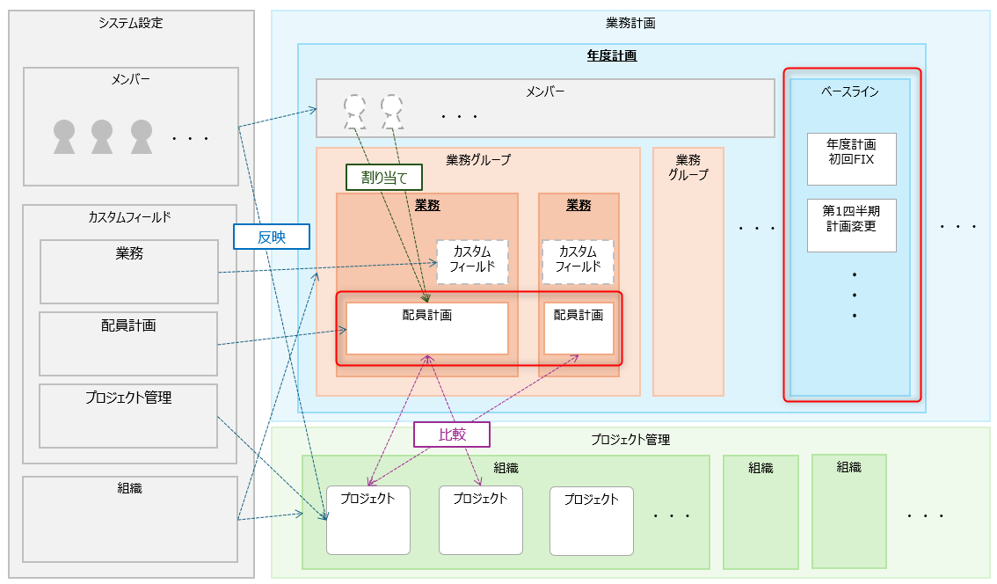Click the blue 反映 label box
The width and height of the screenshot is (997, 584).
click(272, 237)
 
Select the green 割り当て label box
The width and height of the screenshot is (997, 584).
click(384, 177)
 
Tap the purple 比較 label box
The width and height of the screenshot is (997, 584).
click(451, 434)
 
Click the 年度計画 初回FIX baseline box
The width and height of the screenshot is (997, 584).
click(851, 159)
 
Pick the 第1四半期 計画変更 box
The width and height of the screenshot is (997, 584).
click(851, 225)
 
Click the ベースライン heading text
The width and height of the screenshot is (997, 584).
click(850, 91)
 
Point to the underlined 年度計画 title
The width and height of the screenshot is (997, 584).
click(612, 55)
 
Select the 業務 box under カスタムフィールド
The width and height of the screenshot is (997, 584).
click(128, 272)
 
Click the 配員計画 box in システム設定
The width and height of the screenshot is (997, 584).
click(128, 343)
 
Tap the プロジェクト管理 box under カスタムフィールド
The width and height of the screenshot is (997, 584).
click(128, 415)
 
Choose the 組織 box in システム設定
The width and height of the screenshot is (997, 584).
click(130, 519)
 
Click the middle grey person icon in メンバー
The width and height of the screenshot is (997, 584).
click(103, 136)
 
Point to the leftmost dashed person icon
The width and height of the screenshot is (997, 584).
click(355, 110)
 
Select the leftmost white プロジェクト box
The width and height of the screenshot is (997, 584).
click(368, 520)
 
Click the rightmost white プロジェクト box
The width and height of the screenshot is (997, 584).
click(592, 520)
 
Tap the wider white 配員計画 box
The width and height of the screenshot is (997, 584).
click(427, 328)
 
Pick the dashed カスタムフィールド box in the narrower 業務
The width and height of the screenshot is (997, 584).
click(578, 261)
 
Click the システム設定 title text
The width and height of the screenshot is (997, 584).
click(131, 23)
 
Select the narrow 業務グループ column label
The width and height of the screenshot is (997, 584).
click(688, 167)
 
